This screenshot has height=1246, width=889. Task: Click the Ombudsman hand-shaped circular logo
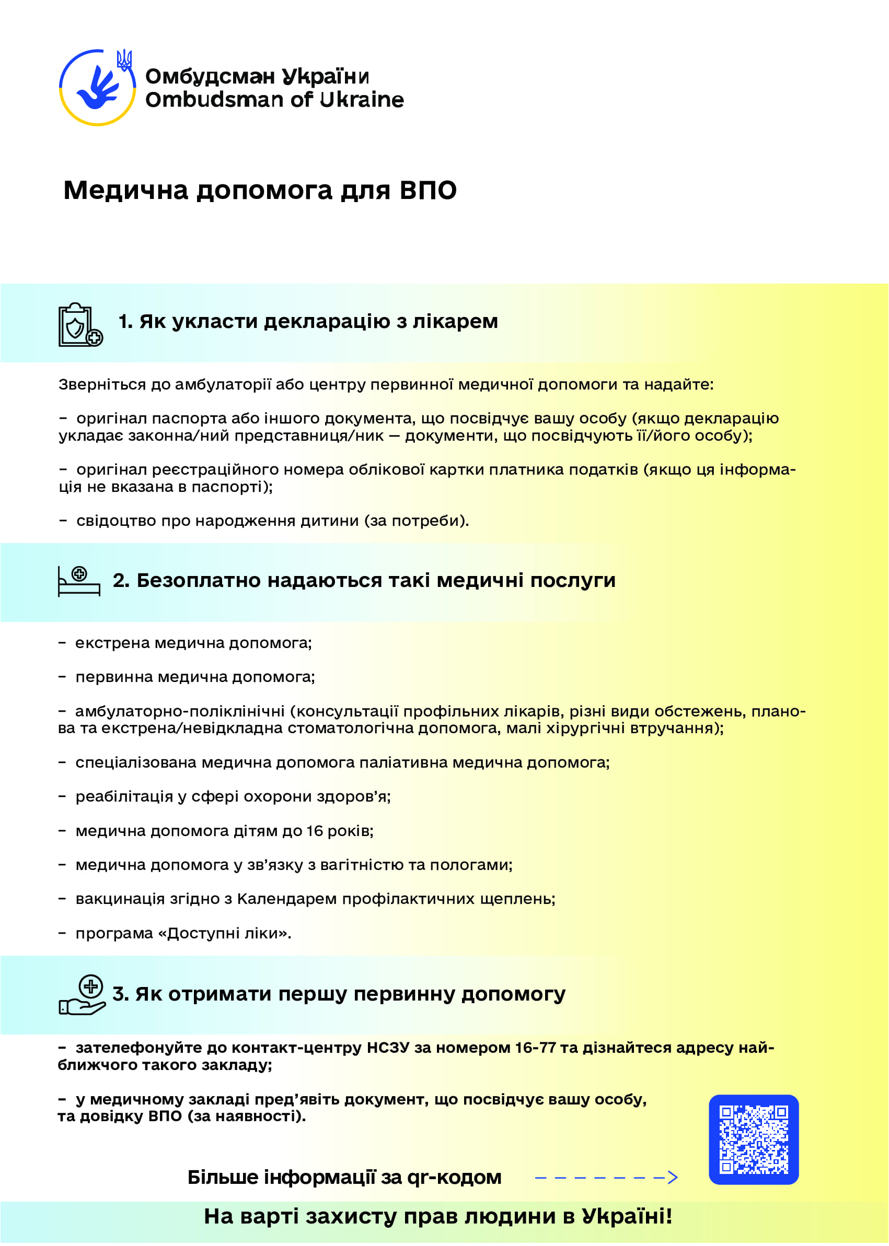tap(97, 88)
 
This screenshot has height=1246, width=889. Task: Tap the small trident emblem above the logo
tap(125, 60)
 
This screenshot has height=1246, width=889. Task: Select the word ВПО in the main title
tap(428, 190)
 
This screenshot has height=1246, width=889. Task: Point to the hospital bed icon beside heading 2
tap(79, 581)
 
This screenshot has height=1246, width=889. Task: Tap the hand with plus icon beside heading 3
tap(82, 995)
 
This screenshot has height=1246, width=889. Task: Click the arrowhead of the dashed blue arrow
tap(673, 1177)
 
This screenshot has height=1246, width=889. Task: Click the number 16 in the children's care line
tap(314, 831)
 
